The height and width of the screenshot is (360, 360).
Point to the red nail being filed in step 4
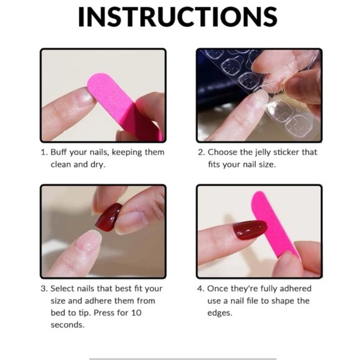tap(250, 231)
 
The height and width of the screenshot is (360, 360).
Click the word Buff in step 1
tap(61, 152)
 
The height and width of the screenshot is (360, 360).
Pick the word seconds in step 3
tap(68, 325)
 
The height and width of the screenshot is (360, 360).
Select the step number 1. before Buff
tap(44, 152)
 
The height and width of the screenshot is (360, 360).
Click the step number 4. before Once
tap(200, 289)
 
